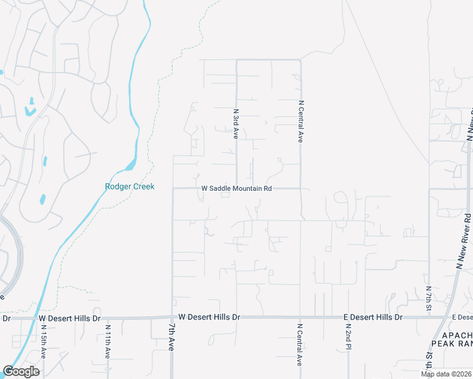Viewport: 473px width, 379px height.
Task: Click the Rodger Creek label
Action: click(x=130, y=186)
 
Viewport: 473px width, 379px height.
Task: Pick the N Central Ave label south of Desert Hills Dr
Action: click(x=300, y=344)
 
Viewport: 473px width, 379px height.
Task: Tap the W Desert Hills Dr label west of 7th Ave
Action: click(x=70, y=318)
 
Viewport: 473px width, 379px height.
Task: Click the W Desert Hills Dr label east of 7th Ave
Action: click(x=209, y=316)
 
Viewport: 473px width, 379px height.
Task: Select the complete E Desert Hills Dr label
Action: click(x=372, y=316)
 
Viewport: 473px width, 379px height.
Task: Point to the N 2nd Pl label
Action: click(x=348, y=339)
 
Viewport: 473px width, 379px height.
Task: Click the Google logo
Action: click(x=21, y=371)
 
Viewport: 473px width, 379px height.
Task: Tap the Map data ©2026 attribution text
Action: click(x=445, y=374)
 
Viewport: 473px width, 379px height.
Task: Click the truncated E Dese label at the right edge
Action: click(x=462, y=316)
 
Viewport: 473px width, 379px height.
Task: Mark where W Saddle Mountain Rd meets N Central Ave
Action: click(x=300, y=188)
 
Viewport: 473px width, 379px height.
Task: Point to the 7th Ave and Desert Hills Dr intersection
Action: click(x=172, y=317)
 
